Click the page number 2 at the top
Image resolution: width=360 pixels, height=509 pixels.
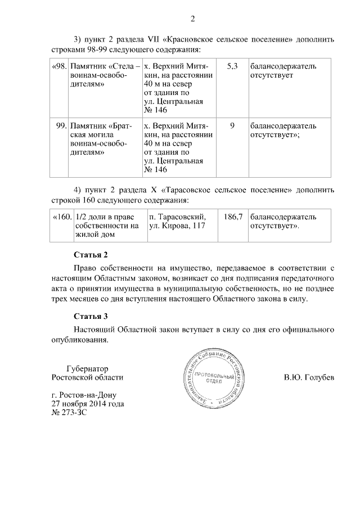coord(192,21)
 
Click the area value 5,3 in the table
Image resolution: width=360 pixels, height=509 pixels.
coord(232,66)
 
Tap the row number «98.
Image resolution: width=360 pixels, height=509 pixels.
coord(58,66)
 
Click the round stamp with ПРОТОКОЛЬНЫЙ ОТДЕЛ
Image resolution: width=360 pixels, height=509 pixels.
coord(217,377)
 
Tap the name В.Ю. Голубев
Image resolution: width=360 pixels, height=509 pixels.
coord(309,377)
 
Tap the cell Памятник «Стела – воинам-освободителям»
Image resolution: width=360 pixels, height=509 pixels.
coord(103,75)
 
